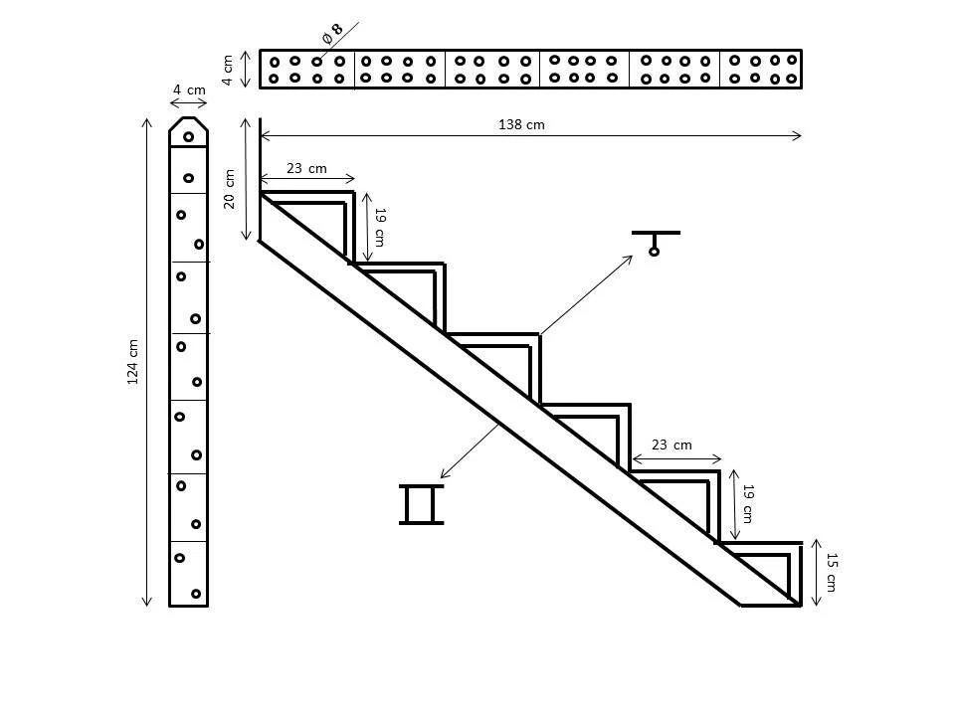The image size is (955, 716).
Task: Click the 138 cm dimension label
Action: point(521,124)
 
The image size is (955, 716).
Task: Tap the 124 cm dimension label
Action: point(133,362)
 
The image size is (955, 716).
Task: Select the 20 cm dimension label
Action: point(230,188)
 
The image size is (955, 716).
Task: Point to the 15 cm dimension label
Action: point(832,573)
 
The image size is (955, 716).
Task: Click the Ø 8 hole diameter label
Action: point(332,33)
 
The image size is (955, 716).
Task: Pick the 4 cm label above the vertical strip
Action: point(188,89)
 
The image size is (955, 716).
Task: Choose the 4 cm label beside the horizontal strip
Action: point(228,69)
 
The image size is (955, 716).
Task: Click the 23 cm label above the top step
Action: point(306,168)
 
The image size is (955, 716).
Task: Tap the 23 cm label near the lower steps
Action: point(671,445)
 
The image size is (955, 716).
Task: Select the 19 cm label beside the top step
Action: point(378,227)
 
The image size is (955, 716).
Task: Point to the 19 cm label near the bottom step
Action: point(747,504)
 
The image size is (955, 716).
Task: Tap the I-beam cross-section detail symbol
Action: point(421,504)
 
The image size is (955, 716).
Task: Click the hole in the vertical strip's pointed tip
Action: point(188,136)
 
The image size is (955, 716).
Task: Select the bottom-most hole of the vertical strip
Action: point(196,594)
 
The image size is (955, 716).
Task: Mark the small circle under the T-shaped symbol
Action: point(654,252)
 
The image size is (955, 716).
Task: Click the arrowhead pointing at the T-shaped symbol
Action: point(629,259)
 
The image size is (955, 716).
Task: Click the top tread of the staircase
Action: point(307,193)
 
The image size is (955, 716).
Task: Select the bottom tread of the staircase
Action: point(760,543)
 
